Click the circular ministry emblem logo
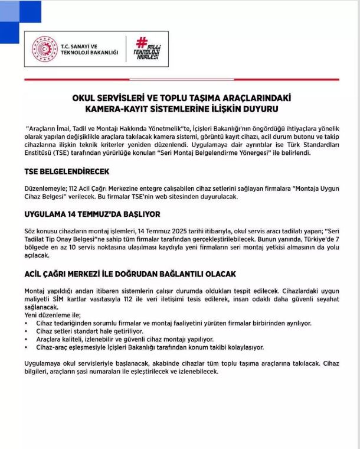click(45, 50)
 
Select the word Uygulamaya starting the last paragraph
click(44, 363)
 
